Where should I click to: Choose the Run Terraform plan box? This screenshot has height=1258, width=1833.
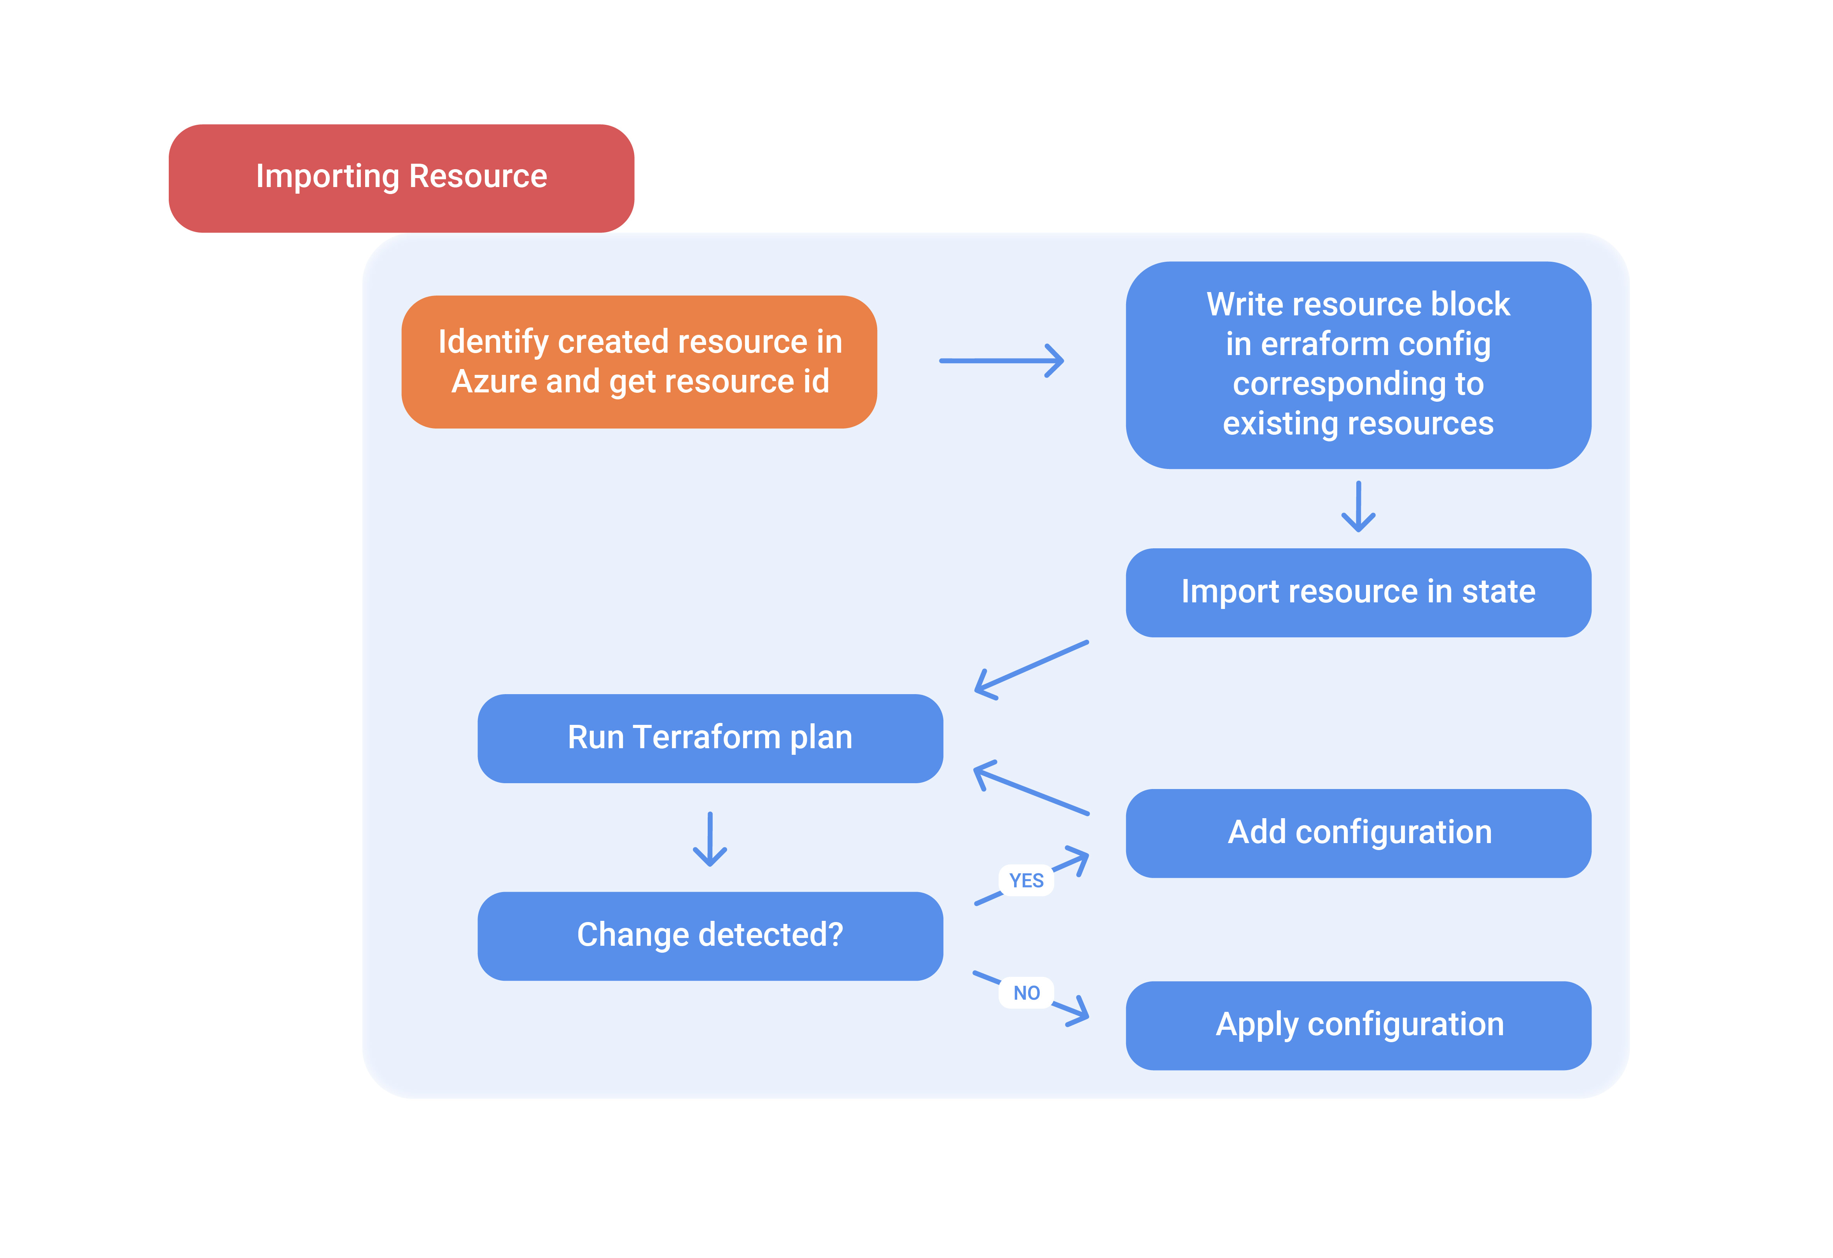pyautogui.click(x=710, y=738)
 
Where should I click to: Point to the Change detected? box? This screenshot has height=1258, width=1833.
pyautogui.click(x=710, y=935)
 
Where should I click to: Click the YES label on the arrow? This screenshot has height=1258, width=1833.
pyautogui.click(x=1026, y=880)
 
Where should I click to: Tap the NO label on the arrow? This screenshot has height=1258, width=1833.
pyautogui.click(x=1026, y=993)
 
